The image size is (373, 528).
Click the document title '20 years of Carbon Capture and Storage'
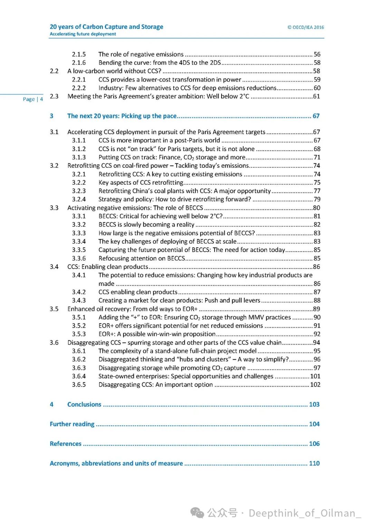(106, 27)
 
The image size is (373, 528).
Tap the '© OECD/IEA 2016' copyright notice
(306, 27)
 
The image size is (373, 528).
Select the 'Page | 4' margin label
(33, 99)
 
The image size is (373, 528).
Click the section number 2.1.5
(79, 54)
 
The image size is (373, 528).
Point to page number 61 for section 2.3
(316, 96)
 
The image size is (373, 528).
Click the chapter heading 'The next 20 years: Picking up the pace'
(122, 116)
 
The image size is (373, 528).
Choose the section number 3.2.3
(79, 191)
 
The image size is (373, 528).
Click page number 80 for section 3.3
(316, 208)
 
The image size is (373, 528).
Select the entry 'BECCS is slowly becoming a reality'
(146, 225)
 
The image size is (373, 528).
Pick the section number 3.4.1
(79, 275)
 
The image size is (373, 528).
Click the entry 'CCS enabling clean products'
(138, 292)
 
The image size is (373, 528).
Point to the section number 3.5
(54, 309)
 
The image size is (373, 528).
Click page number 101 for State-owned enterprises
(315, 376)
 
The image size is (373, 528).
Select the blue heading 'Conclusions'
(84, 405)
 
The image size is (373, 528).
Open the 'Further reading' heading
(72, 424)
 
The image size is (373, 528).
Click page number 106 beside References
(314, 444)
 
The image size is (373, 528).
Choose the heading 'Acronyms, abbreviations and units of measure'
(116, 463)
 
